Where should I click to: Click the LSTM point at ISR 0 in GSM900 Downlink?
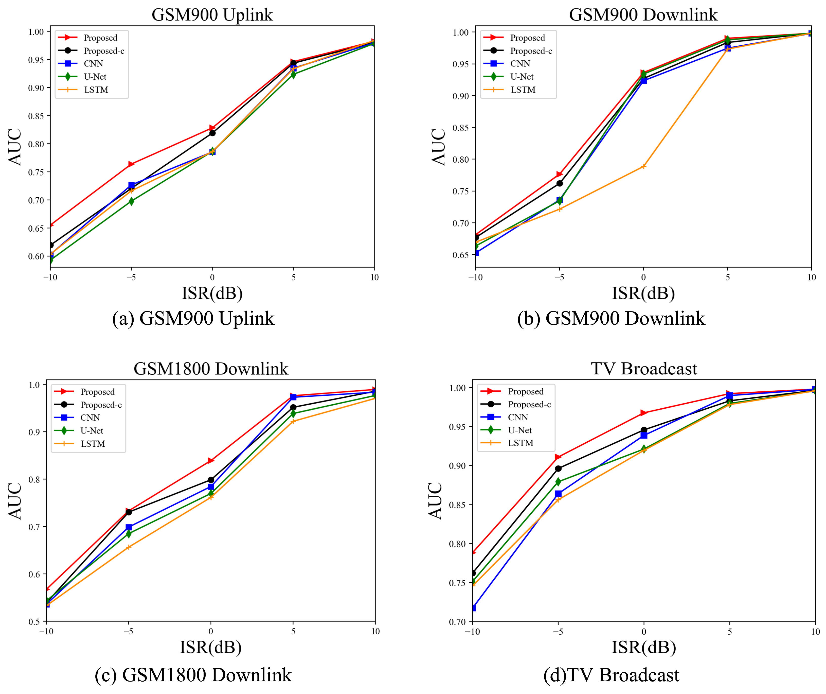point(643,166)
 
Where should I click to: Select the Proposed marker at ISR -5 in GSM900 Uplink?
point(131,164)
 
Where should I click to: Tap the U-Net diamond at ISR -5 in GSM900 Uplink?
point(131,201)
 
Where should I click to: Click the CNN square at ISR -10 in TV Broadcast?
point(473,608)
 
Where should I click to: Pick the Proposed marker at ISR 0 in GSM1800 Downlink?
point(211,460)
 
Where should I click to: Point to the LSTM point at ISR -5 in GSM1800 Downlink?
point(129,547)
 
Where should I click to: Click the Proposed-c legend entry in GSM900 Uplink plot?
point(104,51)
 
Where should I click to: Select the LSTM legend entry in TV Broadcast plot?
point(520,443)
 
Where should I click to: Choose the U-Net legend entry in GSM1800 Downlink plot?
point(92,430)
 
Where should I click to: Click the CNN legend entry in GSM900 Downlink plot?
point(520,64)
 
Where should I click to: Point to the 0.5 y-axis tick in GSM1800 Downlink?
point(35,622)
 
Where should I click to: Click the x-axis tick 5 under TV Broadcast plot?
point(730,632)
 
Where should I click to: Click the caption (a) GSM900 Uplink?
point(193,318)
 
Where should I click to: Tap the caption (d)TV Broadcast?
point(611,675)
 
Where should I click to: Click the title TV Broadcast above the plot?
point(644,369)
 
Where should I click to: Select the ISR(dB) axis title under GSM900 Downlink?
point(643,293)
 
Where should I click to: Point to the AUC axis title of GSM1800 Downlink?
point(15,501)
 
